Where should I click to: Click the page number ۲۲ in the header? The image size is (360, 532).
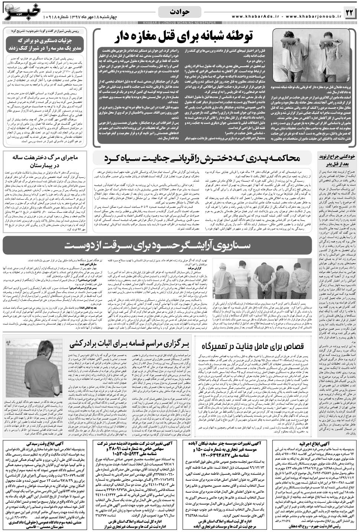tap(350, 13)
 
